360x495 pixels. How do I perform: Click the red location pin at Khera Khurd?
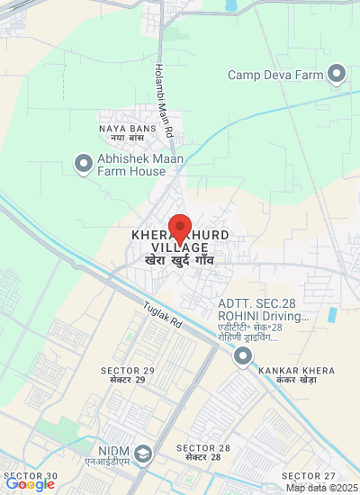[x=180, y=229]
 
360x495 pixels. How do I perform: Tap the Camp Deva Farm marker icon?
[x=337, y=73]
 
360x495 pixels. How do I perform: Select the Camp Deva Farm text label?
[x=274, y=75]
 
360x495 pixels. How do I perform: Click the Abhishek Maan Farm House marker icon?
[x=84, y=163]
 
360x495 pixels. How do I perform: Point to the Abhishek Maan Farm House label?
[x=141, y=165]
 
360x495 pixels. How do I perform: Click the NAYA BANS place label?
[x=121, y=133]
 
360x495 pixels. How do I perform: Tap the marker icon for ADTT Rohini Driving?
[x=242, y=357]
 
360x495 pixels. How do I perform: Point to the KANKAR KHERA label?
[x=291, y=375]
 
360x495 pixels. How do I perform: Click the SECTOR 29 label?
[x=128, y=375]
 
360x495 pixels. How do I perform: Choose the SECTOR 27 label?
[x=308, y=476]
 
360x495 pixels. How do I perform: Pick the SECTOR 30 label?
[x=34, y=476]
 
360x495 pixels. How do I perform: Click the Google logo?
[x=30, y=484]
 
